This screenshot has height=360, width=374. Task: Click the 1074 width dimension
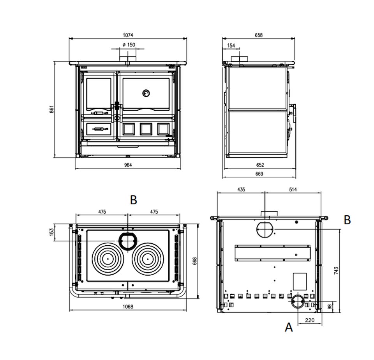(127, 35)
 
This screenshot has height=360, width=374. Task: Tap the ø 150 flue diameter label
(128, 45)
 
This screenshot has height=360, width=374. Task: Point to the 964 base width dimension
(128, 165)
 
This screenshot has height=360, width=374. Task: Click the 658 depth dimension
(259, 35)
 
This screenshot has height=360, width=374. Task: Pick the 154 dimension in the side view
(231, 46)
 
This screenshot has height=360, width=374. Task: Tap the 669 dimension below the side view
(259, 174)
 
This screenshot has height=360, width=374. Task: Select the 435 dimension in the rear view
(241, 190)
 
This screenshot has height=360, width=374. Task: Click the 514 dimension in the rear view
(293, 190)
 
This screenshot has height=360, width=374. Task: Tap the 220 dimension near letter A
(310, 320)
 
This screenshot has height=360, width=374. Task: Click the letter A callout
(289, 327)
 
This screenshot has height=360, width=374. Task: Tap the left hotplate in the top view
(108, 258)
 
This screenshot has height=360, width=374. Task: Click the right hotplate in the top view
(148, 258)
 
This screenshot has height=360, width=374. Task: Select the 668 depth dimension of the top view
(194, 261)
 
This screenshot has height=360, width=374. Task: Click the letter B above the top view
(134, 200)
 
